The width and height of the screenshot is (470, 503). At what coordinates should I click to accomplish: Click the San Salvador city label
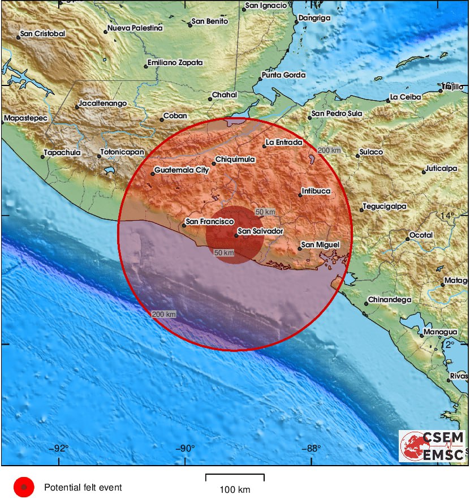[260, 231]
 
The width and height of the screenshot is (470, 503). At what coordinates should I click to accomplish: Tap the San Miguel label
[320, 244]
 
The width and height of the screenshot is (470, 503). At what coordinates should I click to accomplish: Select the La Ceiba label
[406, 97]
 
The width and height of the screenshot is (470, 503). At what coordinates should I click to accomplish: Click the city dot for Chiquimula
[214, 164]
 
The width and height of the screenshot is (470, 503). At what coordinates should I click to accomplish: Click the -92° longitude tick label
[60, 449]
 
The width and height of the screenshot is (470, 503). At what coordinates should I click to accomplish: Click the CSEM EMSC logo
[433, 446]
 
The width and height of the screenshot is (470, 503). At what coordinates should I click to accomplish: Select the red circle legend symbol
[24, 487]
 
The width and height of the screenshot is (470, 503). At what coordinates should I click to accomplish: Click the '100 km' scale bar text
[235, 489]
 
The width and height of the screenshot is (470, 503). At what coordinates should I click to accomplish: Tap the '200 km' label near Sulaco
[329, 150]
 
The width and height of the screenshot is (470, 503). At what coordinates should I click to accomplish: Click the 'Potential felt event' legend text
[83, 487]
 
